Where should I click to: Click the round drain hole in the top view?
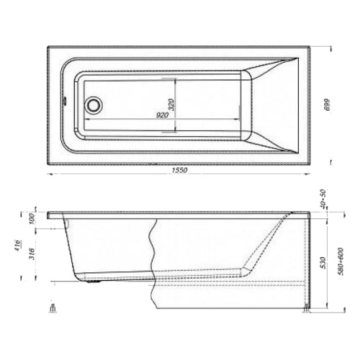click(x=93, y=104)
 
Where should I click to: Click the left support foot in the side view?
click(x=53, y=310)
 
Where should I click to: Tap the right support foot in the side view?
click(x=307, y=310)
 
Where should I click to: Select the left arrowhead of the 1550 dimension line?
click(x=50, y=174)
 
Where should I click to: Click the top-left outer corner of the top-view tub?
click(x=48, y=48)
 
